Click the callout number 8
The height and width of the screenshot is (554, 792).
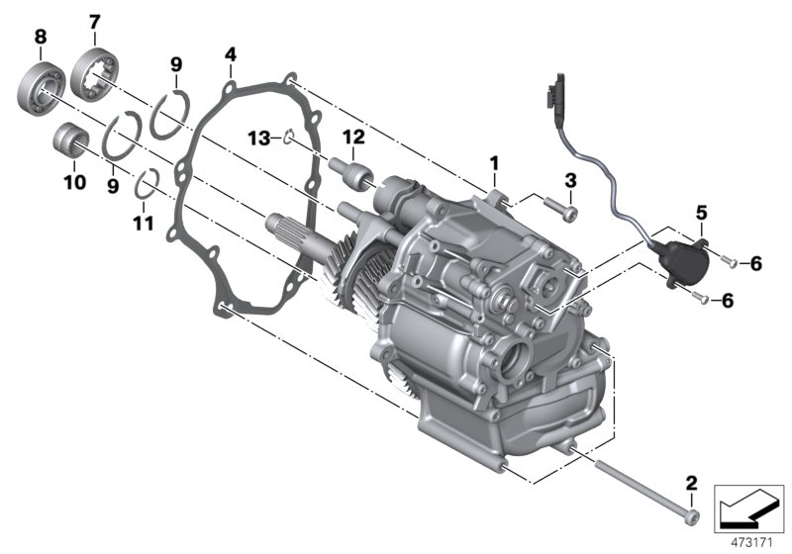click(40, 38)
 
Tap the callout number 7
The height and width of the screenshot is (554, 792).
click(94, 21)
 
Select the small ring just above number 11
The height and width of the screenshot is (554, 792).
click(147, 183)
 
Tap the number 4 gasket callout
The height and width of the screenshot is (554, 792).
click(230, 51)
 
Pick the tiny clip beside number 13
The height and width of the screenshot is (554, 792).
click(286, 138)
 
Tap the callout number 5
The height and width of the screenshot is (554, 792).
click(701, 212)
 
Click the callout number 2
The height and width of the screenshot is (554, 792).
click(691, 483)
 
